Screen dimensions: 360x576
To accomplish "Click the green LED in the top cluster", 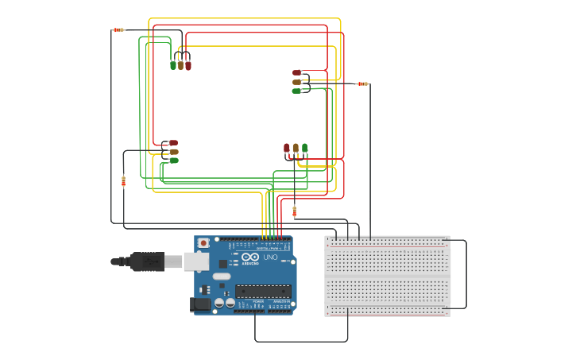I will click(173, 65).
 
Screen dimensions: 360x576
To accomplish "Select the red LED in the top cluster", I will click(188, 65).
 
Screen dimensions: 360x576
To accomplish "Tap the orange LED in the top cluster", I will click(180, 65).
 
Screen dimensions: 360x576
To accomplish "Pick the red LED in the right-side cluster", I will click(296, 73).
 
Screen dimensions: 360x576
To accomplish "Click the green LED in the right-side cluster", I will click(296, 91).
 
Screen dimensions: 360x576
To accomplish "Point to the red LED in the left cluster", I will click(173, 143).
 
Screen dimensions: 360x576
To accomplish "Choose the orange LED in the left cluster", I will click(173, 152).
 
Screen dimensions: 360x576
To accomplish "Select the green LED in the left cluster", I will click(173, 161).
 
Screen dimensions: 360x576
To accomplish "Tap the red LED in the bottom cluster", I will click(287, 148).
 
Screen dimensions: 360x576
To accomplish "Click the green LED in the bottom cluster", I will click(304, 148).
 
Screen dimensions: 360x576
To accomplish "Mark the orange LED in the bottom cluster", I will click(296, 148).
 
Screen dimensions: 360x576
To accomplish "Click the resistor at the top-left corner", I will click(118, 30).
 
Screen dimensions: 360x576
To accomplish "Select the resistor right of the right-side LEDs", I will click(362, 83).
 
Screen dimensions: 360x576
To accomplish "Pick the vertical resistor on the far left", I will click(123, 181).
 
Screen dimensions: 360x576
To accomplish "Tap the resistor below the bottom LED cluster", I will click(294, 211).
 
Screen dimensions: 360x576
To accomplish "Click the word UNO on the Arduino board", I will click(270, 257).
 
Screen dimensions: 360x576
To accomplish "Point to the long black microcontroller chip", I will click(263, 291).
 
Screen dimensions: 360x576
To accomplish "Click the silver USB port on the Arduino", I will click(195, 261).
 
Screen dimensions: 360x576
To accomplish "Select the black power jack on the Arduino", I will click(201, 304).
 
